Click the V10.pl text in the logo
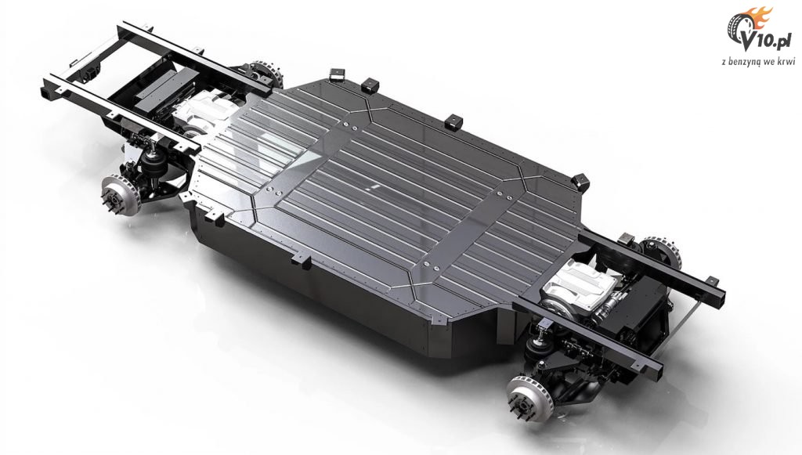[770, 43]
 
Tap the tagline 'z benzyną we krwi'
[758, 61]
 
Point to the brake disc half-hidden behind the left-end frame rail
[268, 74]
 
